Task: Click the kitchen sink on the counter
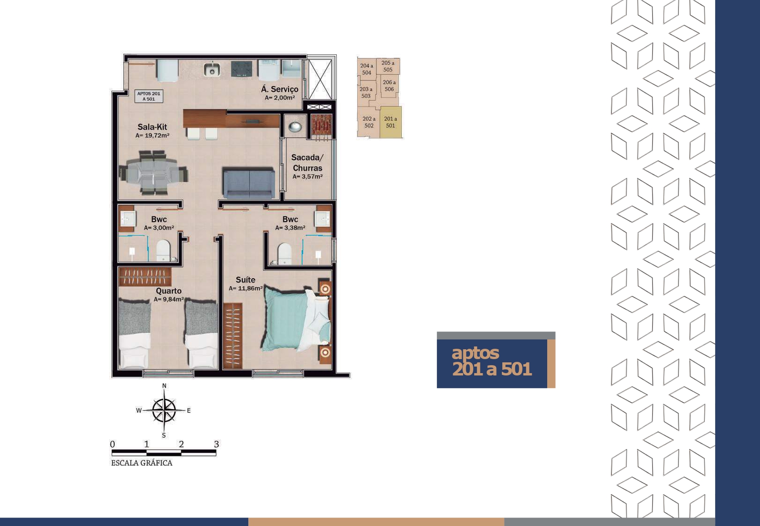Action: (212, 70)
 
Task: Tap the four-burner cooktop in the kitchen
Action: (242, 69)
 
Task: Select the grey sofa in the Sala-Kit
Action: (249, 183)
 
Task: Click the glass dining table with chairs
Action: (153, 173)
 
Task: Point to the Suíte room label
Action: (245, 280)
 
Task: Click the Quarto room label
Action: (169, 291)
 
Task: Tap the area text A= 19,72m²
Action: (152, 136)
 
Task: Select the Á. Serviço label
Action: (280, 89)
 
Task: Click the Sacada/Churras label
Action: (307, 162)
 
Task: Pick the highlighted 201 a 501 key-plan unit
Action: (391, 122)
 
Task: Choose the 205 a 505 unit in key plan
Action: (388, 66)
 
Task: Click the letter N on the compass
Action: (164, 386)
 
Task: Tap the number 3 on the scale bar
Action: (217, 444)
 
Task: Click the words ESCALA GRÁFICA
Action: (142, 463)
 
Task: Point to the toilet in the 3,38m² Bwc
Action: (284, 253)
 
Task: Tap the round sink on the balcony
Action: (295, 127)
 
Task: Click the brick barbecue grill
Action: (321, 124)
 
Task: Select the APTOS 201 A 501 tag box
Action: (149, 96)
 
